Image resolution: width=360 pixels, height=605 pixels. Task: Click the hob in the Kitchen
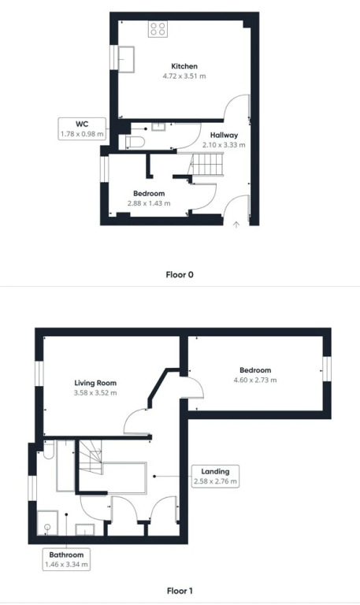[158, 29]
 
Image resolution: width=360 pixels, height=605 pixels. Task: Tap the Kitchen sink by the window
[126, 59]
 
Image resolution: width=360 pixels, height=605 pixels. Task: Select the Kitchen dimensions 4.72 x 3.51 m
[184, 76]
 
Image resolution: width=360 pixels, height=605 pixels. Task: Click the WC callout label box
[82, 129]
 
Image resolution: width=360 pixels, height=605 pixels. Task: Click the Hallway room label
[224, 135]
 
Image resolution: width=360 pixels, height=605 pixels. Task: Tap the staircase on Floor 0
[208, 164]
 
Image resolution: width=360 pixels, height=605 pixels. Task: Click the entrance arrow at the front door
[236, 225]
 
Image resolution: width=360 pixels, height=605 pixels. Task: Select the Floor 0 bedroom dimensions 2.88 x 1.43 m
[149, 203]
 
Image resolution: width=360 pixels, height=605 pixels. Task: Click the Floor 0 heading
[180, 275]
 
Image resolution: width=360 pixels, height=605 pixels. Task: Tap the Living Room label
[95, 383]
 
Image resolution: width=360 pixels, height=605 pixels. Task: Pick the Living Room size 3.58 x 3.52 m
[95, 393]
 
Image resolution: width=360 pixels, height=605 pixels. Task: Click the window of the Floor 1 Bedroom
[327, 369]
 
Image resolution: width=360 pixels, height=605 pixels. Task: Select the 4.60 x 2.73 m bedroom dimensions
[255, 380]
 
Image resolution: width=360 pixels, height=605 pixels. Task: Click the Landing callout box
[215, 476]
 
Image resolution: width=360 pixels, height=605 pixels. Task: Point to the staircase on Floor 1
[91, 458]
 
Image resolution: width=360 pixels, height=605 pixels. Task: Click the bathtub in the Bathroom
[65, 466]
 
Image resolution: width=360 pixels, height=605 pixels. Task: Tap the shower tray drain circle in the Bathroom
[47, 527]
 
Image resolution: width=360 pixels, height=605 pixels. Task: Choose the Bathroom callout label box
[66, 559]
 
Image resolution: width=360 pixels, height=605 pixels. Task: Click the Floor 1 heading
[180, 591]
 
